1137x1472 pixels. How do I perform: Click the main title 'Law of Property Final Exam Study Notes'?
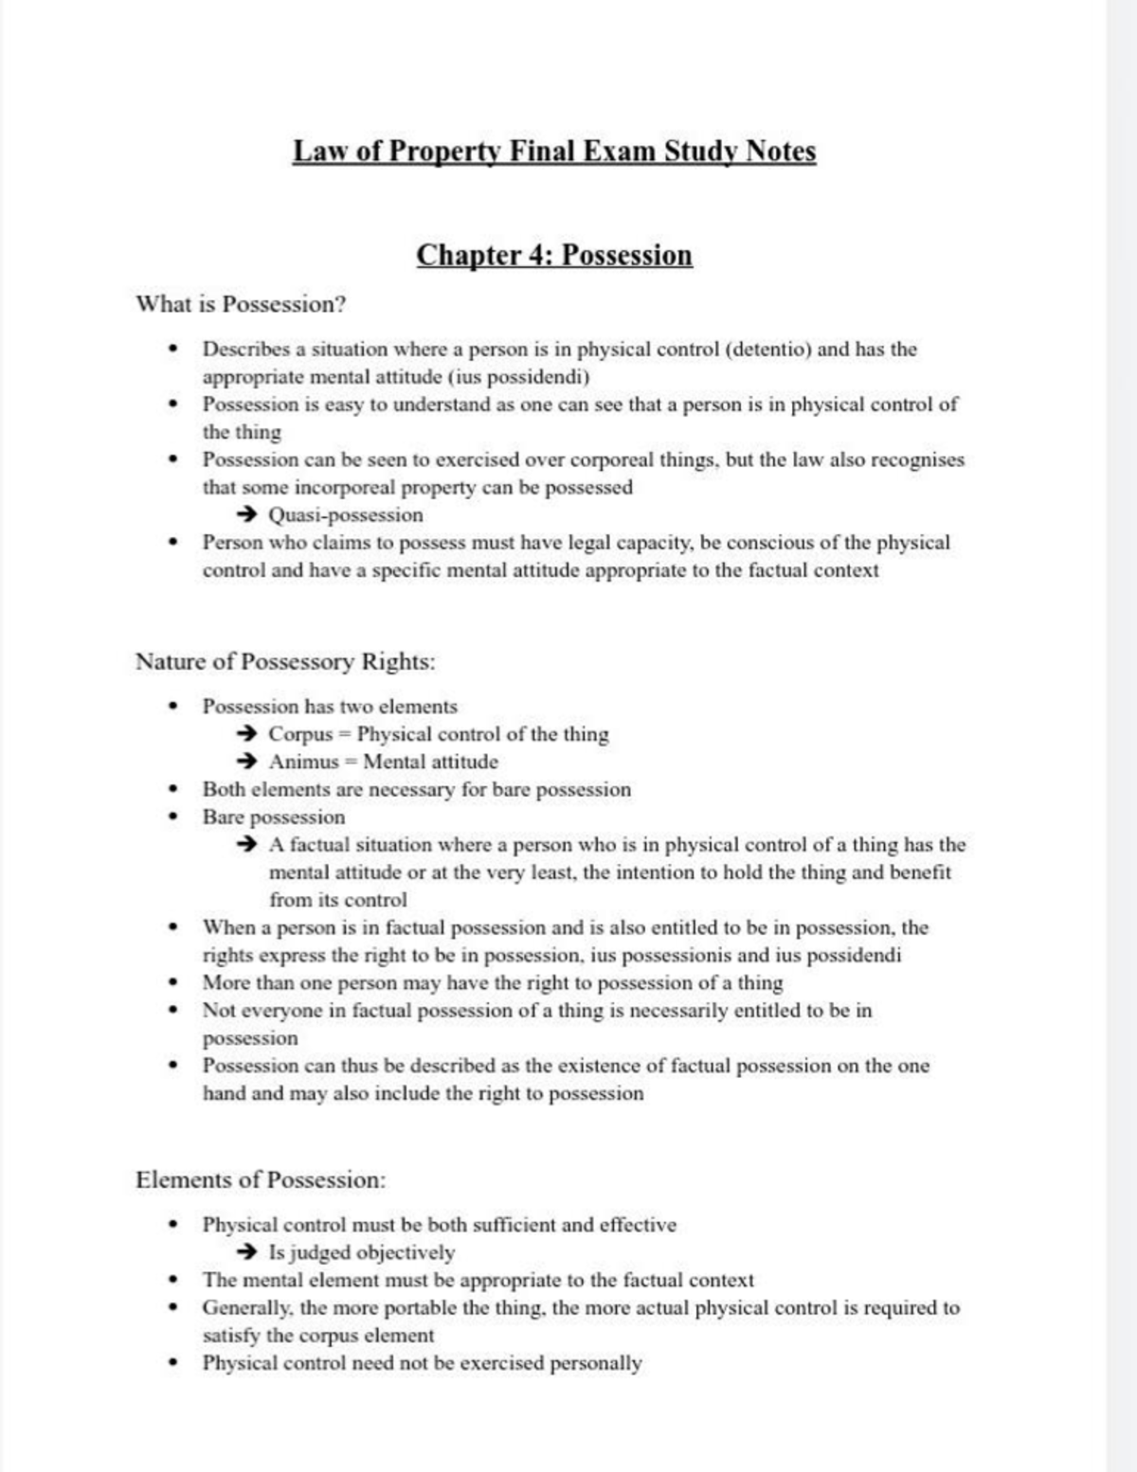pyautogui.click(x=554, y=152)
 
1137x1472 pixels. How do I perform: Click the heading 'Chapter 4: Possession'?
pyautogui.click(x=554, y=256)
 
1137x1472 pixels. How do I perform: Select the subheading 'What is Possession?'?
pyautogui.click(x=241, y=305)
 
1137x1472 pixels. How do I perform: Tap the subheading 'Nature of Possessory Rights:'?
pyautogui.click(x=285, y=661)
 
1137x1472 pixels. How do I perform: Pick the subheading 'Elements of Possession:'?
pyautogui.click(x=261, y=1180)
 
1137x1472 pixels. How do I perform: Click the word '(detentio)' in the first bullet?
pyautogui.click(x=767, y=350)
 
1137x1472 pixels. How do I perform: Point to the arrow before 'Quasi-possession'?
pyautogui.click(x=246, y=515)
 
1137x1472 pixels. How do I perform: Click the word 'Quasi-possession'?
pyautogui.click(x=346, y=515)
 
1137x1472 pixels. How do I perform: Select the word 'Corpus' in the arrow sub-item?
pyautogui.click(x=301, y=734)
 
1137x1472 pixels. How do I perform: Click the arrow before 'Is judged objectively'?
pyautogui.click(x=246, y=1252)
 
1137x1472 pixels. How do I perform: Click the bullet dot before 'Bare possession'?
pyautogui.click(x=172, y=817)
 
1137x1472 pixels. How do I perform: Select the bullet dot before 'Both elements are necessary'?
pyautogui.click(x=172, y=789)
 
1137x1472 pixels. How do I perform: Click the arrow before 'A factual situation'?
pyautogui.click(x=246, y=844)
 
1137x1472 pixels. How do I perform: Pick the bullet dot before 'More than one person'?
pyautogui.click(x=172, y=982)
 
